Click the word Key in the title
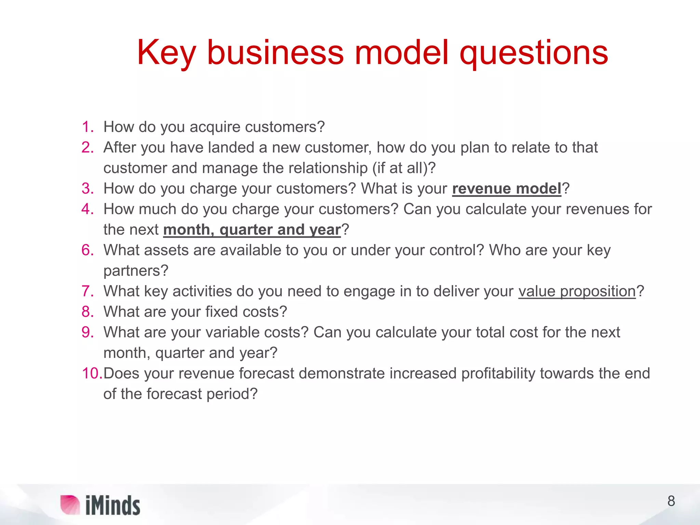click(x=166, y=53)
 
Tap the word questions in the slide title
click(x=534, y=53)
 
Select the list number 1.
click(x=87, y=127)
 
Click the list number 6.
click(x=87, y=250)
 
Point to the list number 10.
click(x=92, y=373)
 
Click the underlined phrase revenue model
click(x=507, y=189)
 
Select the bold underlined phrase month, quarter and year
click(x=252, y=230)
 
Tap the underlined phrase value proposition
click(x=577, y=291)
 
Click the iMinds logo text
click(x=113, y=506)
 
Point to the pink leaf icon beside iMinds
click(x=70, y=505)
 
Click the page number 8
click(x=671, y=501)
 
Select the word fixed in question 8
click(x=221, y=312)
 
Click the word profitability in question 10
click(x=498, y=374)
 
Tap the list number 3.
click(x=87, y=189)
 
